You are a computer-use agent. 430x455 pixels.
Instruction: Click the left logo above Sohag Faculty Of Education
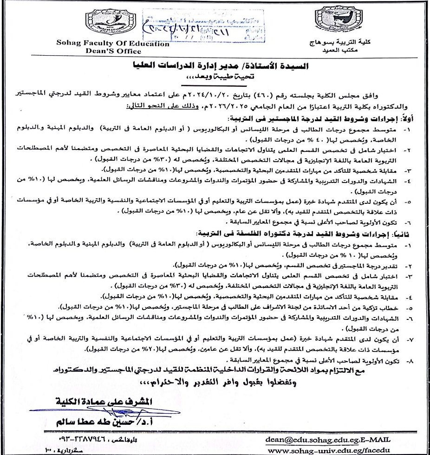pyautogui.click(x=110, y=21)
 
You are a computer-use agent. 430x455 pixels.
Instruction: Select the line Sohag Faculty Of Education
pyautogui.click(x=113, y=44)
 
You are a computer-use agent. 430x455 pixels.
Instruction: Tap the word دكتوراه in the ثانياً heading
pyautogui.click(x=275, y=233)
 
